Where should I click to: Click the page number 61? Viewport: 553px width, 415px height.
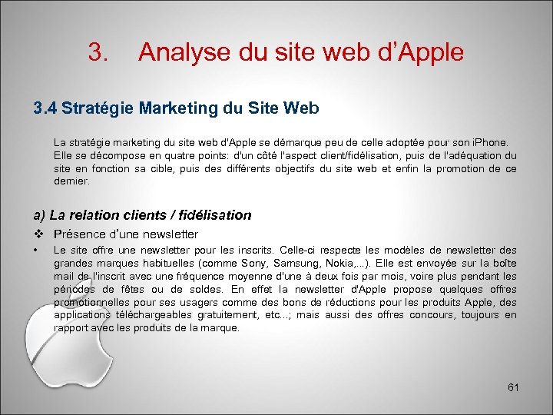click(x=513, y=387)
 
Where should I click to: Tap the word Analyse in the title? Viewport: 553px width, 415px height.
click(x=184, y=52)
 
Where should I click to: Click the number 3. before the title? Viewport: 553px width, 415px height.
click(x=98, y=52)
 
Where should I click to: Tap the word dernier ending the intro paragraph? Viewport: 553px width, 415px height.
click(x=71, y=182)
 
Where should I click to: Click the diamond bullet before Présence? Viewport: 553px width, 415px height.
click(x=38, y=234)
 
